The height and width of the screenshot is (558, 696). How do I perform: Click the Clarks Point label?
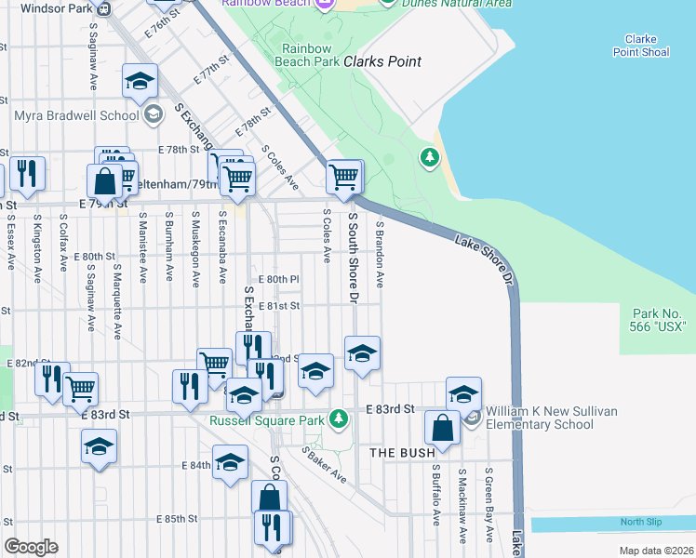[x=381, y=62]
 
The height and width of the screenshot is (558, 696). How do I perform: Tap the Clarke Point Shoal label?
[x=640, y=46]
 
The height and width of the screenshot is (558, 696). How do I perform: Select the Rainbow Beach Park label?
[x=307, y=55]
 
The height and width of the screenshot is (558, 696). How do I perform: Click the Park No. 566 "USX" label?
[x=658, y=321]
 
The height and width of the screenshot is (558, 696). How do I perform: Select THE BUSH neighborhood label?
[x=403, y=453]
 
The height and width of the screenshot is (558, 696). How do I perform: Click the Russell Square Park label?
[x=267, y=420]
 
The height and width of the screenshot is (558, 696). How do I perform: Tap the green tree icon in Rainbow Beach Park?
[x=430, y=158]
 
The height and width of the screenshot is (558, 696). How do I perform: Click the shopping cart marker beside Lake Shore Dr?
[x=344, y=176]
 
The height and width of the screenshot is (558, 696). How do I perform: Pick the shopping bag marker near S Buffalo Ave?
[x=443, y=428]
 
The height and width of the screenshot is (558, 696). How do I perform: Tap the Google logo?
[x=31, y=547]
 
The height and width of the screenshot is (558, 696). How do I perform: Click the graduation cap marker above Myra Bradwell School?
[x=140, y=81]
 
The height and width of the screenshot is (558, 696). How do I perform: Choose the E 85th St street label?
[x=177, y=518]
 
